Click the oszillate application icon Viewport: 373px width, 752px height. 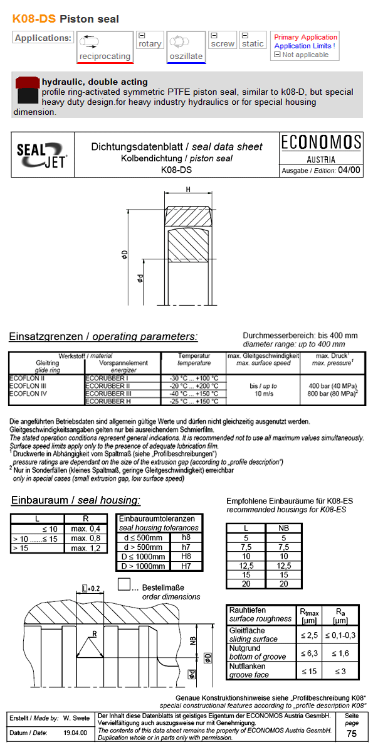[186, 47]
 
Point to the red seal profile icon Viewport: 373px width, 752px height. [26, 83]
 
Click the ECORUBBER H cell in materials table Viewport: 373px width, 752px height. [108, 400]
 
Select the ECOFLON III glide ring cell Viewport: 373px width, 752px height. [27, 385]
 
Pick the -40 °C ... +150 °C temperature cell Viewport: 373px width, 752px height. [194, 393]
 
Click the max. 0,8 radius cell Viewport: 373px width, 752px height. [85, 538]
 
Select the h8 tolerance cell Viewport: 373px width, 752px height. [186, 537]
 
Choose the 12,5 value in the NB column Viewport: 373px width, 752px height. [283, 565]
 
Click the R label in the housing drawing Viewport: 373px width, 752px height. [94, 634]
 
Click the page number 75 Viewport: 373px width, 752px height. [352, 734]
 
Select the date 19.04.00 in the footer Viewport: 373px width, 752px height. [75, 733]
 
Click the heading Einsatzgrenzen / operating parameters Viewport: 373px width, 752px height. [103, 336]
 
